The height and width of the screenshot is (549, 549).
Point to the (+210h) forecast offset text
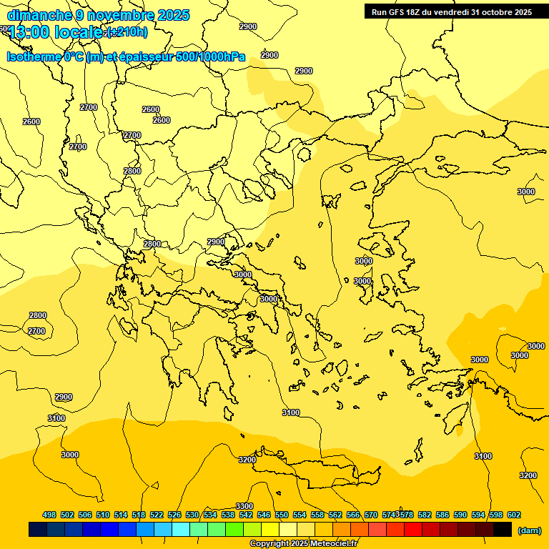127,32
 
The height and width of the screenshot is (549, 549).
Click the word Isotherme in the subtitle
34,56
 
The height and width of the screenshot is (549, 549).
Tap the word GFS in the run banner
396,12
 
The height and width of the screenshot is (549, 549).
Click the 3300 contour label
244,506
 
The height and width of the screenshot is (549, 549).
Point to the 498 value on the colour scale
49,515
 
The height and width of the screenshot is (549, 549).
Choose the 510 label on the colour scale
103,515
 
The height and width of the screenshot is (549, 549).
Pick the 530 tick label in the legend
192,515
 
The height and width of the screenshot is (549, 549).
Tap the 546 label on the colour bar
264,515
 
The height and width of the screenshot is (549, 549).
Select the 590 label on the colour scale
460,515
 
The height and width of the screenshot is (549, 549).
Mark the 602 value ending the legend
514,515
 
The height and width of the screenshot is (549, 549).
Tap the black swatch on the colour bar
503,530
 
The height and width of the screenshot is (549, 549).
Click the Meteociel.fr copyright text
303,544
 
